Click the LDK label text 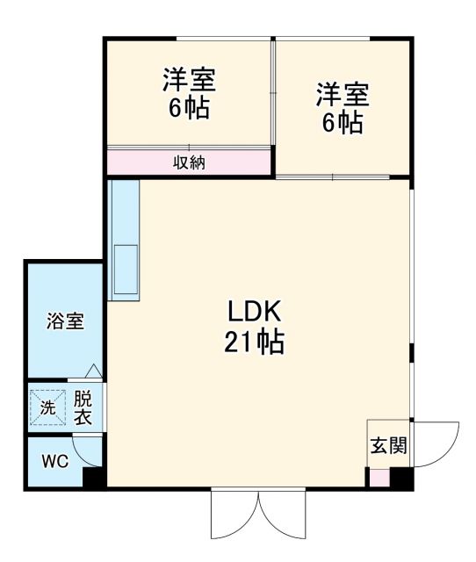[x=254, y=311]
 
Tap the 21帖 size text [x=254, y=342]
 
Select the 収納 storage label [x=188, y=162]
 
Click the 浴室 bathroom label [x=65, y=321]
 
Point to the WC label [x=55, y=460]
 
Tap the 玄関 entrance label [x=387, y=445]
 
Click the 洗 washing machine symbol [x=47, y=407]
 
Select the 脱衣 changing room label [x=83, y=407]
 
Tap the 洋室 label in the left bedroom [x=188, y=81]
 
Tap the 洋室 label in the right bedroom [x=343, y=92]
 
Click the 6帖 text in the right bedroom [x=343, y=122]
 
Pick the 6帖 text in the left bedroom [x=188, y=110]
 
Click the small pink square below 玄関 [x=378, y=479]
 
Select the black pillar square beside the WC [x=94, y=479]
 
